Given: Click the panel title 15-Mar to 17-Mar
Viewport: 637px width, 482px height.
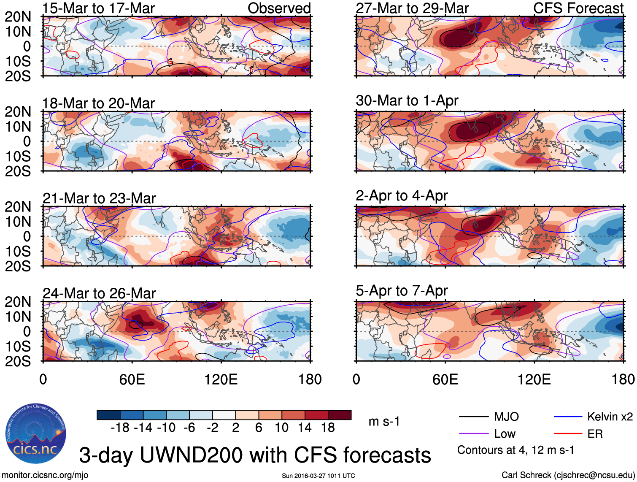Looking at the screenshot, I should [x=98, y=8].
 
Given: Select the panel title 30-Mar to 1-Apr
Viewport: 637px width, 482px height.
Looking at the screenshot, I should [x=407, y=100].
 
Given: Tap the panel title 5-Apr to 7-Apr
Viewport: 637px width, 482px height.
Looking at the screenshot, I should [x=402, y=290].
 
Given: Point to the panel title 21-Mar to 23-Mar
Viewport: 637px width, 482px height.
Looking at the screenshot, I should [x=99, y=198].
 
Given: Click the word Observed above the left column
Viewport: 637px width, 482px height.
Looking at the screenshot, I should [x=279, y=8].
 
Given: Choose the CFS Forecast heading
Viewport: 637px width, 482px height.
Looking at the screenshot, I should [x=578, y=8].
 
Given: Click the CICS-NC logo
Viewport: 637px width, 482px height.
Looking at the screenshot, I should [x=36, y=434].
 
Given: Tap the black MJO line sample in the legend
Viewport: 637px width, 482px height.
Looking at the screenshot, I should [x=474, y=417].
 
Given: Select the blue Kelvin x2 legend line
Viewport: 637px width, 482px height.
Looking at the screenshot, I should [x=568, y=417].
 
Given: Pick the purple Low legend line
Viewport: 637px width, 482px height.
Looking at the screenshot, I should [x=474, y=434].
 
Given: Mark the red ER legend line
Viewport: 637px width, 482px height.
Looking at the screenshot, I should [x=568, y=434].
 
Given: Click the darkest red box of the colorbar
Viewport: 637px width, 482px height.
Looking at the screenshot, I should [x=340, y=415].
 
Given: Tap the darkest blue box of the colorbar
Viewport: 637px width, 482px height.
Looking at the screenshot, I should [x=108, y=415].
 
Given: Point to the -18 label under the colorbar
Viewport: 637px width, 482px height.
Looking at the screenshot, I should [x=120, y=428].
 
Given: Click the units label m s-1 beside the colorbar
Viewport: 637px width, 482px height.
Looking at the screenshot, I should [x=384, y=421].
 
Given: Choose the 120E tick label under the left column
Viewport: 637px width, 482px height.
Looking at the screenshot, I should [x=221, y=379].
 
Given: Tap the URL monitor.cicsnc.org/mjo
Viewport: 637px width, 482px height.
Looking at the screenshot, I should [x=45, y=475].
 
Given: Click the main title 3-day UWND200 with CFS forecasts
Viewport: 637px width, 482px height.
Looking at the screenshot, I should [x=255, y=455].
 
